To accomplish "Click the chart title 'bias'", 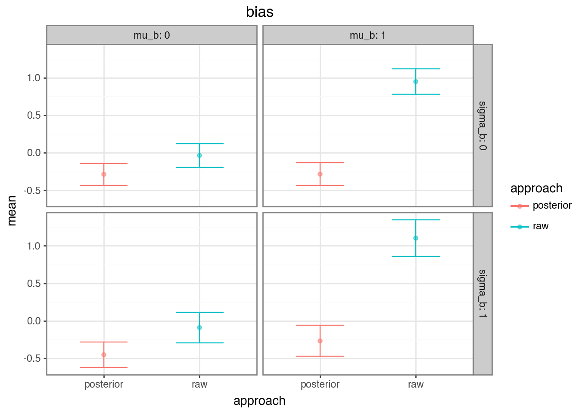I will [x=260, y=12].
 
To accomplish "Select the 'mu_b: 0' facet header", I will [x=152, y=35].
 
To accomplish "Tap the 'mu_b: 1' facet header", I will [x=368, y=35].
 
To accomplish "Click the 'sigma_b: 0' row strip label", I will [x=482, y=126].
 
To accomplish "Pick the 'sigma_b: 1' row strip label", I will [x=482, y=293].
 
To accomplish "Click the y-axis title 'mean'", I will [x=12, y=210].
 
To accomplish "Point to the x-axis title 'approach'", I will [x=259, y=401].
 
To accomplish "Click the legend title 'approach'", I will [x=536, y=188].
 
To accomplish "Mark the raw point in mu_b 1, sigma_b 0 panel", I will [x=416, y=82].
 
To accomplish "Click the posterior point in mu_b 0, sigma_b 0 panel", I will [x=104, y=174].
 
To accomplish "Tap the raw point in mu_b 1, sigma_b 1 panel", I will [x=416, y=238].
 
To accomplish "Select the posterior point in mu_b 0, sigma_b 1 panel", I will [x=104, y=354].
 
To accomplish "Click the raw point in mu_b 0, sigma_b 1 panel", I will [x=199, y=328].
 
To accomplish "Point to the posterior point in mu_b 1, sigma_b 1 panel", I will [x=320, y=341].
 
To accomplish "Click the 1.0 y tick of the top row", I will [x=34, y=78].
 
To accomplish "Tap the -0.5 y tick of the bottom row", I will [x=32, y=359].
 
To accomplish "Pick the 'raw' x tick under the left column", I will [x=199, y=385].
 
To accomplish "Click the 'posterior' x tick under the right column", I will [x=320, y=385].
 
